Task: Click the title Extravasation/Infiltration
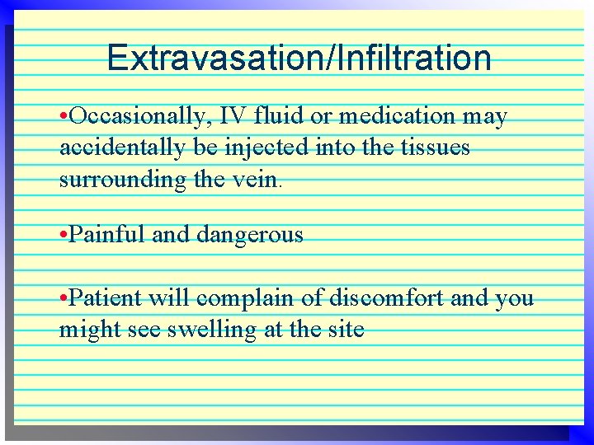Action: [299, 59]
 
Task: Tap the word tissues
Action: [435, 148]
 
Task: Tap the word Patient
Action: [106, 297]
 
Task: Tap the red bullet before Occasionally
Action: [64, 118]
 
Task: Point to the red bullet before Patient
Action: [64, 298]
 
